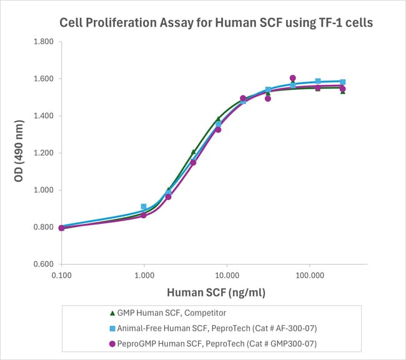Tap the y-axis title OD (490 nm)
click(19, 153)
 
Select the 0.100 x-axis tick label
click(61, 275)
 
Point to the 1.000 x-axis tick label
click(144, 275)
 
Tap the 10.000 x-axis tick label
click(227, 275)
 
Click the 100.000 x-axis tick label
click(309, 275)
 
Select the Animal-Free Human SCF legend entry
click(213, 328)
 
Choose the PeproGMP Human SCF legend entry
click(213, 343)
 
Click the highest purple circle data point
click(293, 79)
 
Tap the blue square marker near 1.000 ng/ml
click(144, 207)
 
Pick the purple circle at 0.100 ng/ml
click(61, 228)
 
